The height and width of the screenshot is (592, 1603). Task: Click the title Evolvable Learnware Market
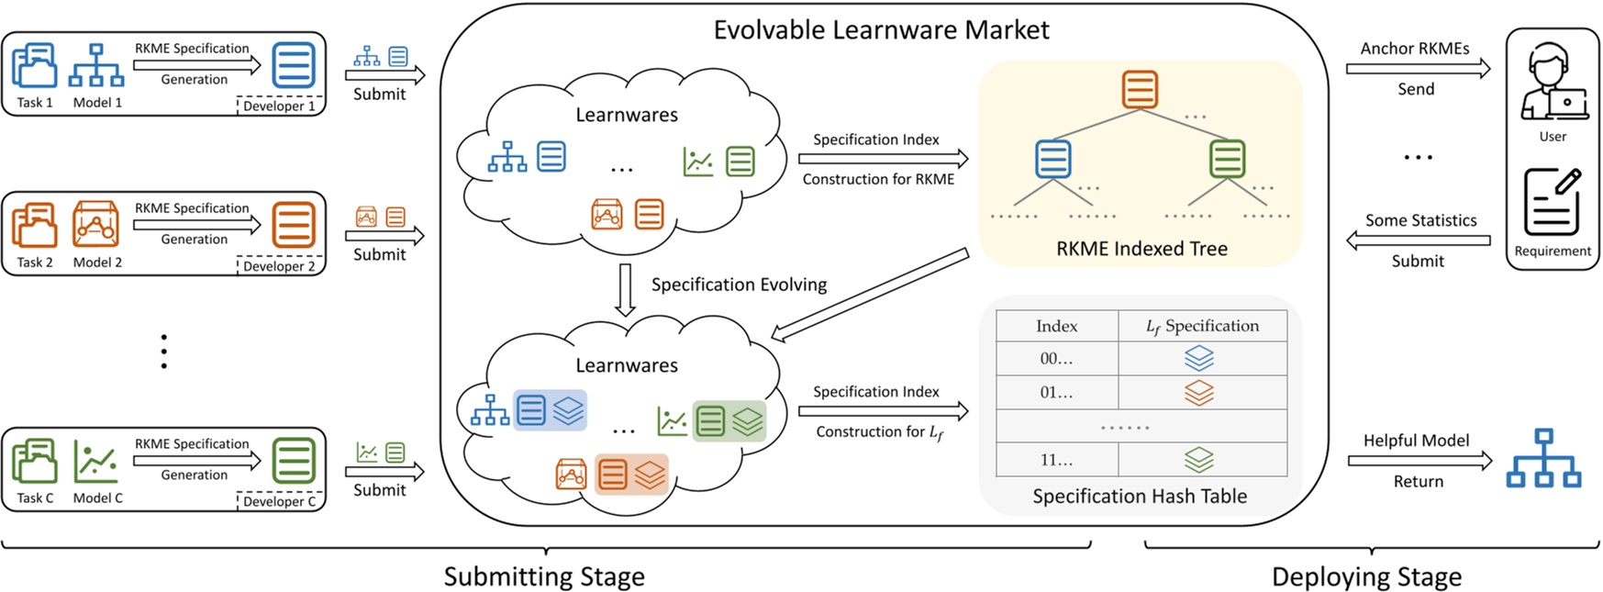pyautogui.click(x=881, y=30)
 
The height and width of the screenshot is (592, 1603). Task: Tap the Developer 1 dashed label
pyautogui.click(x=279, y=106)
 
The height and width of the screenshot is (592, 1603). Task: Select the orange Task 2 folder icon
pyautogui.click(x=35, y=225)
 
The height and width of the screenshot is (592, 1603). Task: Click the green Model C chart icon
pyautogui.click(x=96, y=462)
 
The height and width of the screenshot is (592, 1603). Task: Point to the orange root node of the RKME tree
pyautogui.click(x=1140, y=89)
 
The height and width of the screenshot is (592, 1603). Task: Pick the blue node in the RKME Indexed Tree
pyautogui.click(x=1052, y=159)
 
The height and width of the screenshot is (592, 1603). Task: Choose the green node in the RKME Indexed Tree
pyautogui.click(x=1227, y=159)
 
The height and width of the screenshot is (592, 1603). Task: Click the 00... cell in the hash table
pyautogui.click(x=1056, y=359)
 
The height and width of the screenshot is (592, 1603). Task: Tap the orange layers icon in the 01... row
pyautogui.click(x=1198, y=393)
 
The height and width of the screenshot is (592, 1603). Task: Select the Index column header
pyautogui.click(x=1056, y=326)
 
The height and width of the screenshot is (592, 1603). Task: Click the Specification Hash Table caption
pyautogui.click(x=1140, y=497)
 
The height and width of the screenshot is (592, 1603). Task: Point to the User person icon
pyautogui.click(x=1553, y=84)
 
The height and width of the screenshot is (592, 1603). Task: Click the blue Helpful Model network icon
pyautogui.click(x=1543, y=458)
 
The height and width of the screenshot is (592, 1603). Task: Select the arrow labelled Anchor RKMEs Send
pyautogui.click(x=1418, y=69)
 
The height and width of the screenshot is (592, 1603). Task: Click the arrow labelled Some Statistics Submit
pyautogui.click(x=1418, y=240)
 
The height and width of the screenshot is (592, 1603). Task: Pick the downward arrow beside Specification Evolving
pyautogui.click(x=625, y=290)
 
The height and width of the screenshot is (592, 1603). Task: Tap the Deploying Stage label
pyautogui.click(x=1366, y=577)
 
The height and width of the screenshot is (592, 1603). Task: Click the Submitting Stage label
pyautogui.click(x=544, y=577)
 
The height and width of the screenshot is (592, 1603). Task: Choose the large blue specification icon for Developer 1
pyautogui.click(x=294, y=65)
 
